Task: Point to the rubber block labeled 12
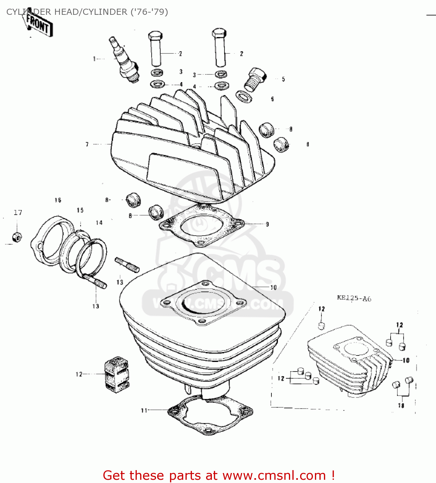117,374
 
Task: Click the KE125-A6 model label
354,298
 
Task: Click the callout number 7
87,144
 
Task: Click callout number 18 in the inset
401,406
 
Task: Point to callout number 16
58,200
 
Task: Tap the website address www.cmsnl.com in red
274,475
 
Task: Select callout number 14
99,223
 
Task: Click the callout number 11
144,410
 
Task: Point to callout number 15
80,210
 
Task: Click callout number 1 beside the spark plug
94,59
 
